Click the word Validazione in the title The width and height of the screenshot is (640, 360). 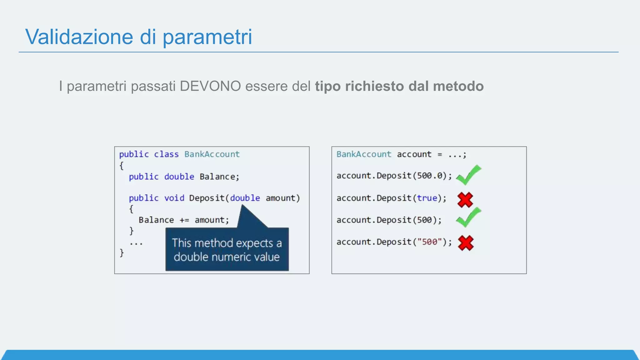pos(79,37)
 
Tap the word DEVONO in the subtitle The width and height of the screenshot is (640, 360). pos(210,86)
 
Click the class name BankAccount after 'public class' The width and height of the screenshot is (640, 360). pos(212,154)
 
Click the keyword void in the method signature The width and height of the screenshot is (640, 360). pos(174,198)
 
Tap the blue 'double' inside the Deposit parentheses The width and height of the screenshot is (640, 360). pos(245,198)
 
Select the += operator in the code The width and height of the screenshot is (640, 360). pos(184,220)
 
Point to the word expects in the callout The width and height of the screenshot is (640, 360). pos(254,243)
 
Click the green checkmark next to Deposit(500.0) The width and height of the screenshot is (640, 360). pos(468,175)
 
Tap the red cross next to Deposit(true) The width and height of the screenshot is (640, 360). pos(465,200)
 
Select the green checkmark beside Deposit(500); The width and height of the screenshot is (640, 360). pos(468,217)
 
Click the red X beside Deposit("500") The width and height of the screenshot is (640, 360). pos(466,243)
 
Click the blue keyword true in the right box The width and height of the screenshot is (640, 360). pos(427,198)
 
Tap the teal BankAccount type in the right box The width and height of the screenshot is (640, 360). pos(364,154)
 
